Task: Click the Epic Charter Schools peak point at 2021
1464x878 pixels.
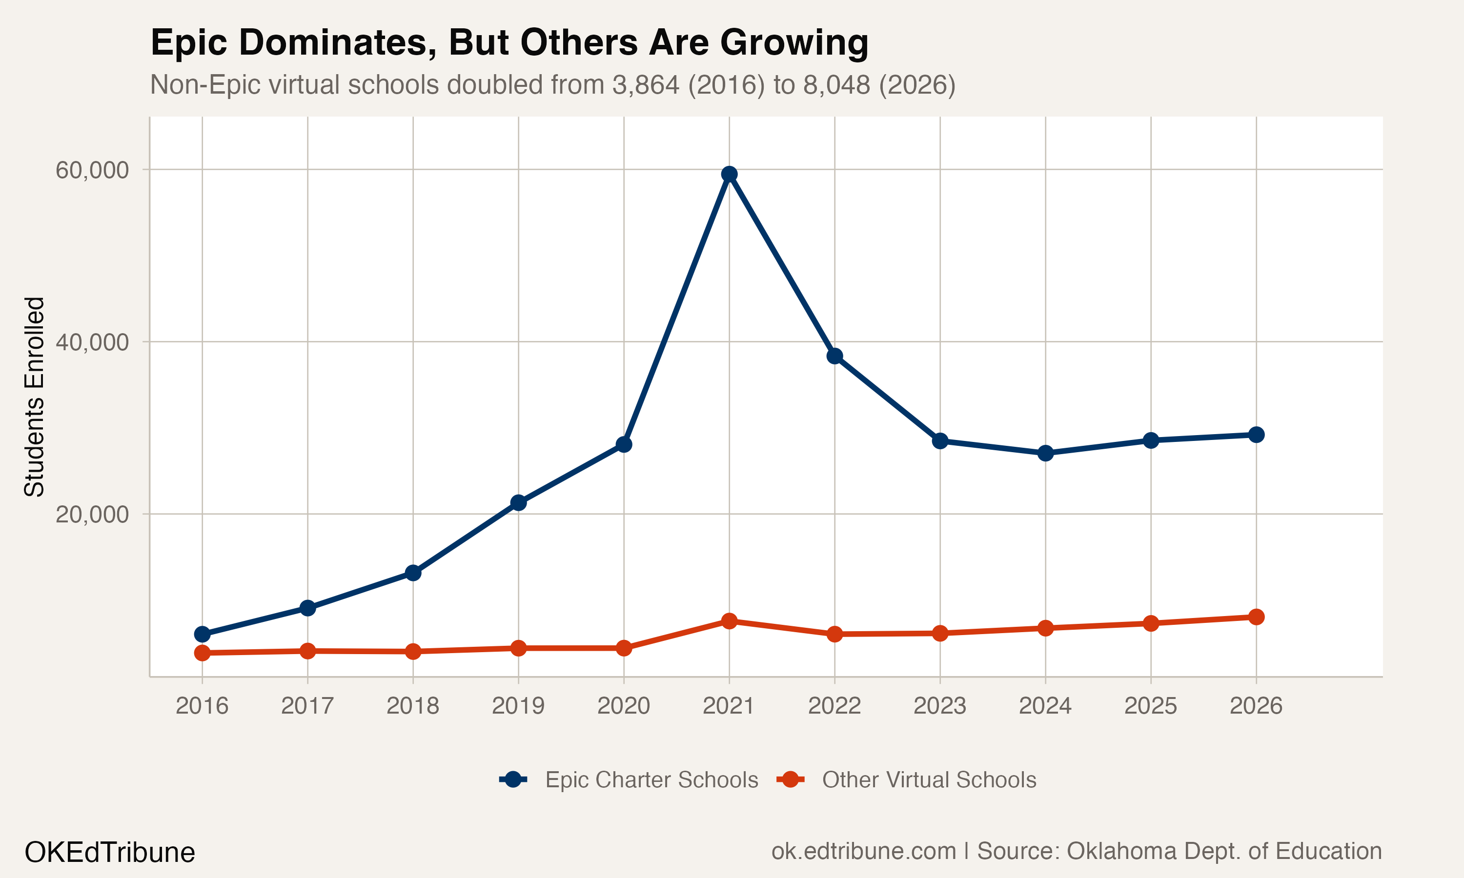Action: pos(729,174)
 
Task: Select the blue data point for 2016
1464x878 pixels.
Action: pos(203,634)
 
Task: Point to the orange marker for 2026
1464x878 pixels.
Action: pos(1256,617)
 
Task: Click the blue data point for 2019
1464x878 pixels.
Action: pos(518,503)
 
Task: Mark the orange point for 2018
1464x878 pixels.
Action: pos(413,651)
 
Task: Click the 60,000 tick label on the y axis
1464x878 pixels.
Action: pos(92,170)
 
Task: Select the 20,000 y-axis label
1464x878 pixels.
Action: pos(92,515)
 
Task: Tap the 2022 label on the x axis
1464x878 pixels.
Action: pos(834,706)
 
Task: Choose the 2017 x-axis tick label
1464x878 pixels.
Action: pos(307,706)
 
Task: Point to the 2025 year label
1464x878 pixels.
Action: pos(1150,706)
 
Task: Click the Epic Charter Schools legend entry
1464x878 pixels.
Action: pos(651,780)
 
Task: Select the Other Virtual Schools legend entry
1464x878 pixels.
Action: pos(929,780)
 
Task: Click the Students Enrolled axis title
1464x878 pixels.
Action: pos(34,397)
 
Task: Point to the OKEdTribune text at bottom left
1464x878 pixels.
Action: pos(109,853)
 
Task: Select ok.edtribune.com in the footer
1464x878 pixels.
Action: pos(863,851)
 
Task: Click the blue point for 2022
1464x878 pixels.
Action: pos(834,356)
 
